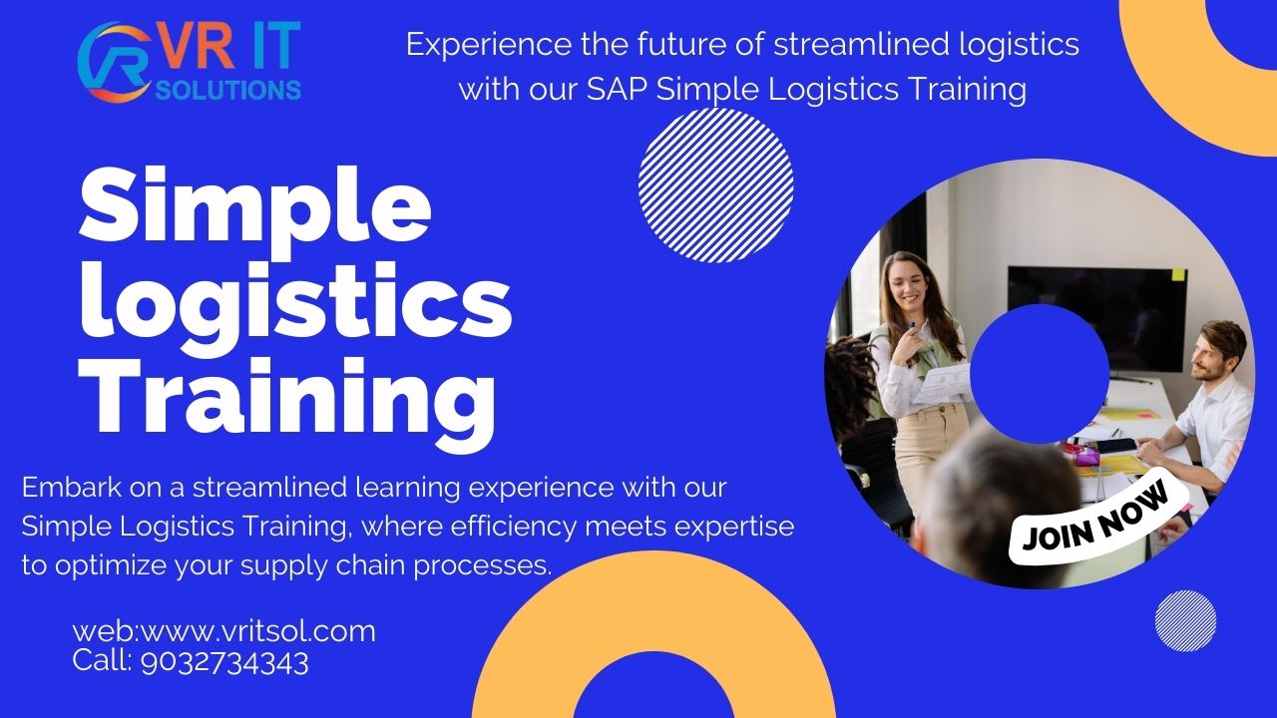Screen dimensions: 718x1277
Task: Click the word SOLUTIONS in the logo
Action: click(228, 90)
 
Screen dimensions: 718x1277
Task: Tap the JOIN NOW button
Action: click(1095, 520)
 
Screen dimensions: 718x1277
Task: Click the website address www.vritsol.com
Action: click(256, 631)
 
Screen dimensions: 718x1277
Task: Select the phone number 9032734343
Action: click(225, 661)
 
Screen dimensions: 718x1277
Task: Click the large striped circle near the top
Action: click(715, 185)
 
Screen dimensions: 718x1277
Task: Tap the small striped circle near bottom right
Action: click(1185, 620)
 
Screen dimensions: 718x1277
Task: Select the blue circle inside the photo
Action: click(1039, 373)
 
